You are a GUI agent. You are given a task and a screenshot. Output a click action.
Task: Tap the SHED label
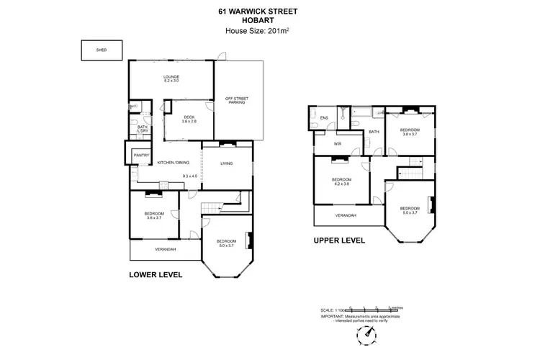101,51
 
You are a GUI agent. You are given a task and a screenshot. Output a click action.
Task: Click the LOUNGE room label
171,78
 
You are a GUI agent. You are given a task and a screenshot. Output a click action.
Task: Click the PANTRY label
141,155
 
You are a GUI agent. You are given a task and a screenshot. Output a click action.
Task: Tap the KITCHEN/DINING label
173,163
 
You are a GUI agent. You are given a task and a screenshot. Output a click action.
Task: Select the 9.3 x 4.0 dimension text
190,176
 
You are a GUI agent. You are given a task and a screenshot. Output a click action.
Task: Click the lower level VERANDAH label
165,249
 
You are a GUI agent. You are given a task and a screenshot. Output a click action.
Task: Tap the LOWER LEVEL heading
155,274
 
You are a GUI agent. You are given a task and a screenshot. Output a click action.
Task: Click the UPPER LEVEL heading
339,240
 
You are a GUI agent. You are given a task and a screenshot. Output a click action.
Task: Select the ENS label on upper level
324,117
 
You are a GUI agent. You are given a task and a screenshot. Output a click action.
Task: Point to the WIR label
336,144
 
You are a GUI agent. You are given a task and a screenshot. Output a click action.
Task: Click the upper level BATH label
374,132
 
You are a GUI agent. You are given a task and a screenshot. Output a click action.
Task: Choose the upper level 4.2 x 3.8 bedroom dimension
341,184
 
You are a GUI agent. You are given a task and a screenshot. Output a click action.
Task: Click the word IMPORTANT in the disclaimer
333,315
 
